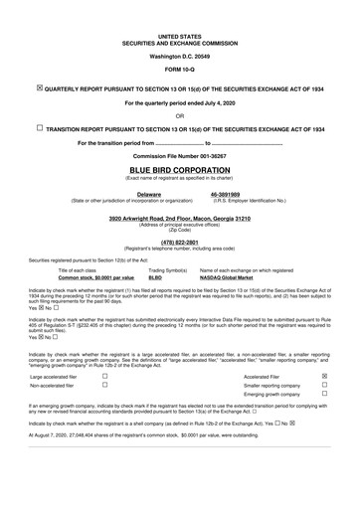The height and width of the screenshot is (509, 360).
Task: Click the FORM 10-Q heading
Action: [180, 72]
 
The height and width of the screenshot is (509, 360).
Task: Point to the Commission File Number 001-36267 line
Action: [180, 157]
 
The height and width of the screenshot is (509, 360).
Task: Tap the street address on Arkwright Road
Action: [180, 217]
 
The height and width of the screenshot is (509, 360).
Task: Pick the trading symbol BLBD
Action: [155, 277]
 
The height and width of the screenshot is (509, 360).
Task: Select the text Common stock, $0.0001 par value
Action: [96, 277]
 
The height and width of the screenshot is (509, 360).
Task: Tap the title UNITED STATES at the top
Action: [180, 37]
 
